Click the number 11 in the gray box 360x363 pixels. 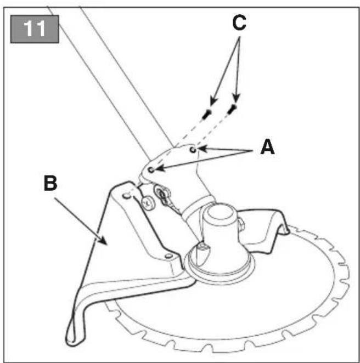click(34, 29)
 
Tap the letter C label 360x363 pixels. click(239, 23)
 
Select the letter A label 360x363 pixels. click(267, 147)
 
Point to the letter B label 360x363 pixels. click(50, 183)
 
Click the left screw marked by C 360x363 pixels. click(206, 114)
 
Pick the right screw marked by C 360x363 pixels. click(232, 109)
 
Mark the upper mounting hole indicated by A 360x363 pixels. click(193, 150)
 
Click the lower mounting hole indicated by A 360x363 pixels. click(151, 169)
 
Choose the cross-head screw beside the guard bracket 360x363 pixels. click(147, 203)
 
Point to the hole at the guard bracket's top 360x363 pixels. click(126, 196)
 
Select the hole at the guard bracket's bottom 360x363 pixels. click(168, 256)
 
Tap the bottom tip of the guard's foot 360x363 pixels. click(70, 342)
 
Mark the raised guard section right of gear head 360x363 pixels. click(264, 229)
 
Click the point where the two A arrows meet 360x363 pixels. click(252, 151)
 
